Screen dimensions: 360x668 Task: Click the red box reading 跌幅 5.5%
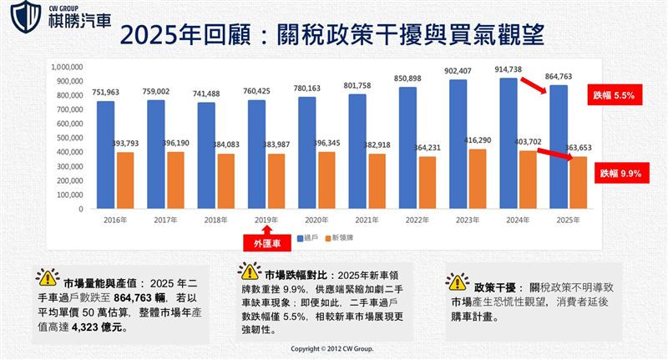[x=612, y=96]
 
